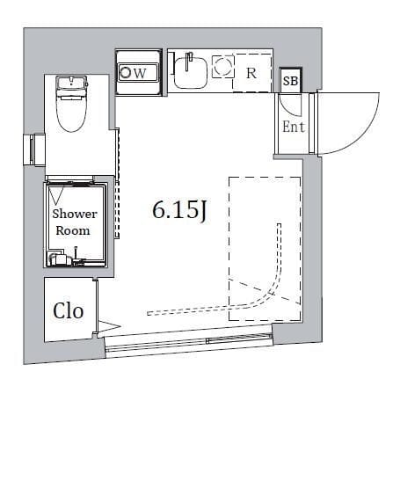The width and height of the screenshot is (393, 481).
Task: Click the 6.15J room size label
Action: (181, 210)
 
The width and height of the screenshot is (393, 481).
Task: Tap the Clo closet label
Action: (68, 310)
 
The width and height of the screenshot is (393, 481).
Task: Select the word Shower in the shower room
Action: (75, 214)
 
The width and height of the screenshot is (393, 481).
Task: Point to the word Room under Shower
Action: (73, 230)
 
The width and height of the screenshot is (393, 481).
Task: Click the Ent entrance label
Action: (294, 127)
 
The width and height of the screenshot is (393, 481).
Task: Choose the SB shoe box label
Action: (290, 81)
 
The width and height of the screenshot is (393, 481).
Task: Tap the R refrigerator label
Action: (251, 73)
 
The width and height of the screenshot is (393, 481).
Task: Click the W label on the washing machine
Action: (140, 73)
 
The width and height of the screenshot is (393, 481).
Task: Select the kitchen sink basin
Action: (190, 73)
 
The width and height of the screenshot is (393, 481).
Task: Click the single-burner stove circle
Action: (222, 66)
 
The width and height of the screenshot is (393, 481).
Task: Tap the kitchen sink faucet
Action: (189, 61)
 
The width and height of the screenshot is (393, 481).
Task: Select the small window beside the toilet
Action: (34, 149)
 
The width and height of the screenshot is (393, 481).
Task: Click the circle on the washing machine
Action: (125, 73)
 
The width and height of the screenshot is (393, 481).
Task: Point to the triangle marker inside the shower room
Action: (57, 196)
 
